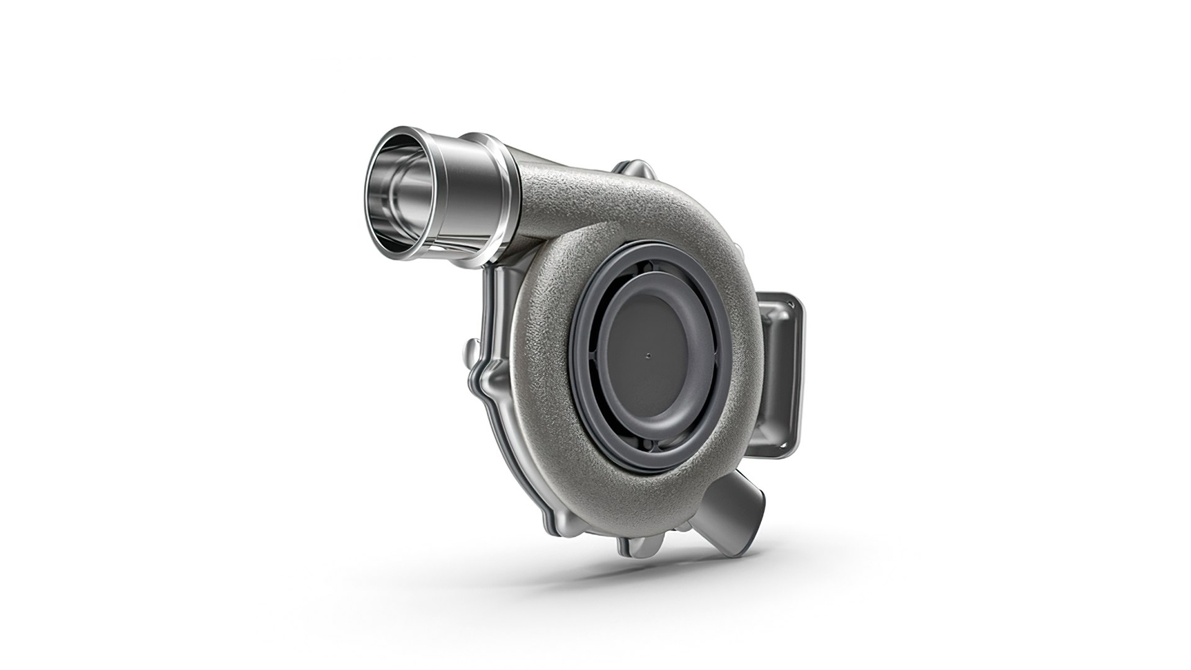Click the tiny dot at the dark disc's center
(648, 356)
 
